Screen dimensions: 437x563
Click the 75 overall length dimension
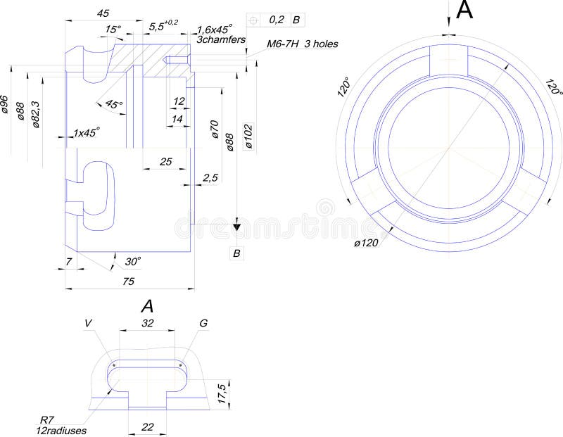click(128, 280)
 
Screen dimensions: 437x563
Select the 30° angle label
click(132, 261)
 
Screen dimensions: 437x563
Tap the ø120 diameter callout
click(366, 243)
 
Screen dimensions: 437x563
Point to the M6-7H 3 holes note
click(302, 44)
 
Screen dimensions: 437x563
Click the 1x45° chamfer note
click(86, 132)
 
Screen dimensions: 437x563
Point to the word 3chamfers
click(220, 40)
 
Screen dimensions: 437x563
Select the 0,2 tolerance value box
click(277, 20)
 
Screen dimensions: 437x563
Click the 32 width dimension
click(147, 323)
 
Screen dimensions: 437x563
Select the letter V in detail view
click(88, 323)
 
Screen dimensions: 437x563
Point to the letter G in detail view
click(203, 323)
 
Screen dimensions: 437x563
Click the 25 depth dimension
click(165, 162)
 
